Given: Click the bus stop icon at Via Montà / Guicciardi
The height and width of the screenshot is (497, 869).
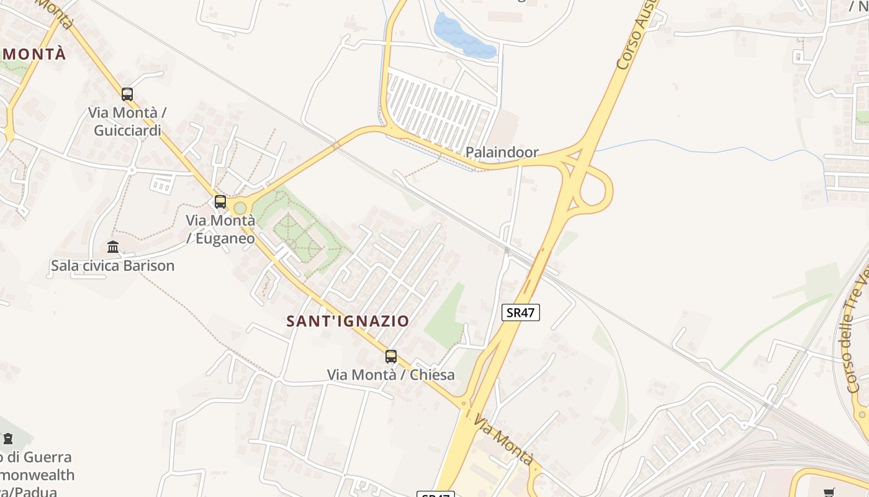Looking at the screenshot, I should (x=127, y=94).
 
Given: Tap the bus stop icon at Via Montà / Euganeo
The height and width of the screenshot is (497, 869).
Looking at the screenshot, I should (x=220, y=201).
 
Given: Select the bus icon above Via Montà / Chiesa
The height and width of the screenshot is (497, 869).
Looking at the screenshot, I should (x=391, y=356).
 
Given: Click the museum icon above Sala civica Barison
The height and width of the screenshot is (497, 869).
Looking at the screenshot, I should (x=113, y=247).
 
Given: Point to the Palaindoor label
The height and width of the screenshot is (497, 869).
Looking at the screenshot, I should (x=502, y=152).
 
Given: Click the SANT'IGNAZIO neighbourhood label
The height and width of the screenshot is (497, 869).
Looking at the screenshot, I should (x=348, y=321).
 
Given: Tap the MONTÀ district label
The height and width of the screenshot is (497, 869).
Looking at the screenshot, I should (x=34, y=54).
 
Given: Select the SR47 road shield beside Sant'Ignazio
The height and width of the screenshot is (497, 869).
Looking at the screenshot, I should (x=520, y=312).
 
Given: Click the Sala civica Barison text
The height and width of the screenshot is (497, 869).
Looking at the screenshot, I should (x=112, y=266).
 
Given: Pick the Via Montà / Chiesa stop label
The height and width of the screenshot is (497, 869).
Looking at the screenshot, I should (x=391, y=375).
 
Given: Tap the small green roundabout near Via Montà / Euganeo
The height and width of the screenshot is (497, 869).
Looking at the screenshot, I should (x=240, y=207).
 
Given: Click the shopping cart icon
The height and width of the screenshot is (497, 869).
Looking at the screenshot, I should (x=829, y=493).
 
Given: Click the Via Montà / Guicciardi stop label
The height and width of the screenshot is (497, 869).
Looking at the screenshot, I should (x=127, y=122).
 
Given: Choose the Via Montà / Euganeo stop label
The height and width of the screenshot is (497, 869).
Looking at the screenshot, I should (x=220, y=229).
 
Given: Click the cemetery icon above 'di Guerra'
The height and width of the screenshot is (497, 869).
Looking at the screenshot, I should (x=8, y=439).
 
